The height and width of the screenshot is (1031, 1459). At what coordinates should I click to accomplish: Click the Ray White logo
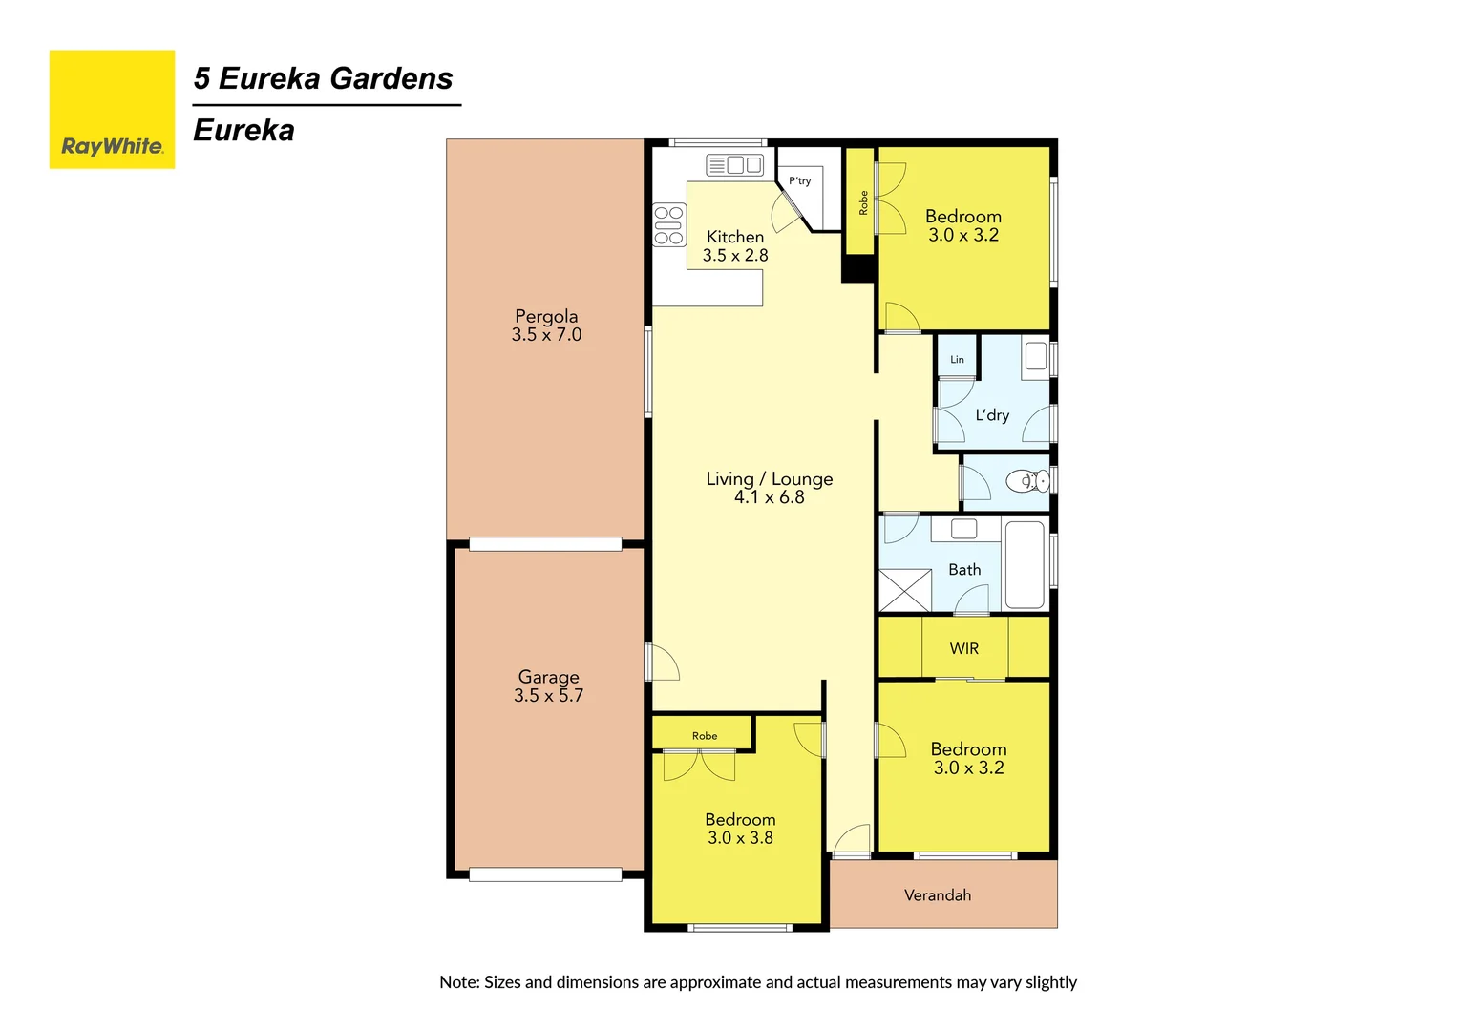click(112, 110)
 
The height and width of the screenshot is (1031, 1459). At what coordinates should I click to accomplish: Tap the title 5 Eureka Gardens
click(323, 78)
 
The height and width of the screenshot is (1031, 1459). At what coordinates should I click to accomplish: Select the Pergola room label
click(546, 316)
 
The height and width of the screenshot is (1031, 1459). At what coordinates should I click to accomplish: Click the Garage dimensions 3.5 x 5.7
click(548, 696)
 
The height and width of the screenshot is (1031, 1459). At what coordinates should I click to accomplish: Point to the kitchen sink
click(735, 165)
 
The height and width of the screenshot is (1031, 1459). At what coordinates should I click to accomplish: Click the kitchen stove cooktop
click(668, 225)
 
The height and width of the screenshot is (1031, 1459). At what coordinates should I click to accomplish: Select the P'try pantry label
click(799, 180)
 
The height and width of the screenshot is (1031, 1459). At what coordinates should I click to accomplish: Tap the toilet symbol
click(1030, 481)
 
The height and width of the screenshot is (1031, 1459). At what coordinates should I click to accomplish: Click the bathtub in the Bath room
click(1025, 563)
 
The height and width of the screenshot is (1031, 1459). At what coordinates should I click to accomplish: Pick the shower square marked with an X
click(904, 590)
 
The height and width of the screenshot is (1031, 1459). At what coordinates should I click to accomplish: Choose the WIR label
click(963, 649)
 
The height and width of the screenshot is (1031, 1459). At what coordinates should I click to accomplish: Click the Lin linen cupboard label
click(957, 360)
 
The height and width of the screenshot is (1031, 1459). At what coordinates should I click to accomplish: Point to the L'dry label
click(992, 415)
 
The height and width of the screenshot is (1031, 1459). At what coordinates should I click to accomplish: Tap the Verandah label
click(937, 895)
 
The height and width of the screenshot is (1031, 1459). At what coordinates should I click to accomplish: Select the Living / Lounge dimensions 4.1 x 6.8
click(769, 497)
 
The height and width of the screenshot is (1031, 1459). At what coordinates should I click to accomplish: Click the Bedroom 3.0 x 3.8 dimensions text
click(740, 838)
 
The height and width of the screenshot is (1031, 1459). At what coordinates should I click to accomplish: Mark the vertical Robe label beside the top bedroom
click(863, 202)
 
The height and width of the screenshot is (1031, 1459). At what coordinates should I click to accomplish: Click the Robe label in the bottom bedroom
click(705, 736)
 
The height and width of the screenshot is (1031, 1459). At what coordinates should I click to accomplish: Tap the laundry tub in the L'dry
click(1036, 357)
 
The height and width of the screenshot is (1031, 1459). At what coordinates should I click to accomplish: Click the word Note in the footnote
click(458, 982)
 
